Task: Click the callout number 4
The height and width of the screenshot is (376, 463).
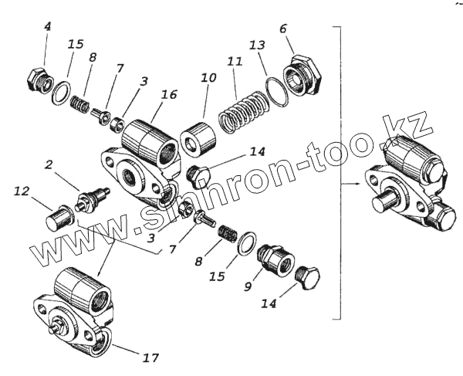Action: click(47, 27)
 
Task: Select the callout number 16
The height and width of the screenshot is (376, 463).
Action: click(170, 94)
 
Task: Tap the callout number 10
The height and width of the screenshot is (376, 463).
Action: click(208, 79)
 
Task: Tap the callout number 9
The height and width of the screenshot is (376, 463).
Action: click(248, 286)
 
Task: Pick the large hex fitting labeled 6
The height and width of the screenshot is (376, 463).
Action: click(300, 73)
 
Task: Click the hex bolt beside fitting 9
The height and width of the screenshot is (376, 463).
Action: click(310, 279)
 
